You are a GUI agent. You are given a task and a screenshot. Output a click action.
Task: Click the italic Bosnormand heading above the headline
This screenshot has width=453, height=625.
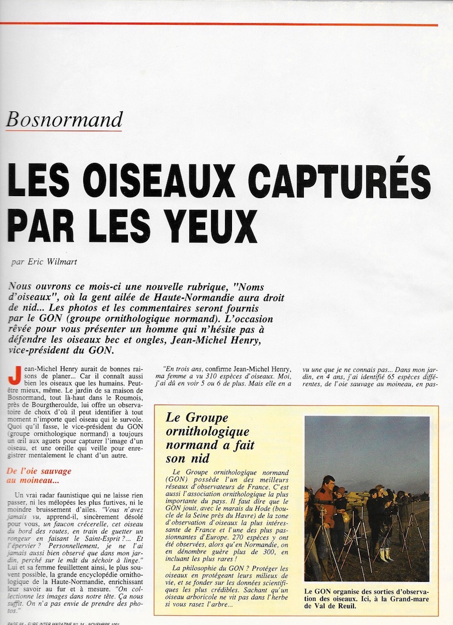64,119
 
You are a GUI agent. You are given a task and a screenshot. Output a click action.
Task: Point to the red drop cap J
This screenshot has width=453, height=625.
14,377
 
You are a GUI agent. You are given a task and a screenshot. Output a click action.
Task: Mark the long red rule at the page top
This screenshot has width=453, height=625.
219,24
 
